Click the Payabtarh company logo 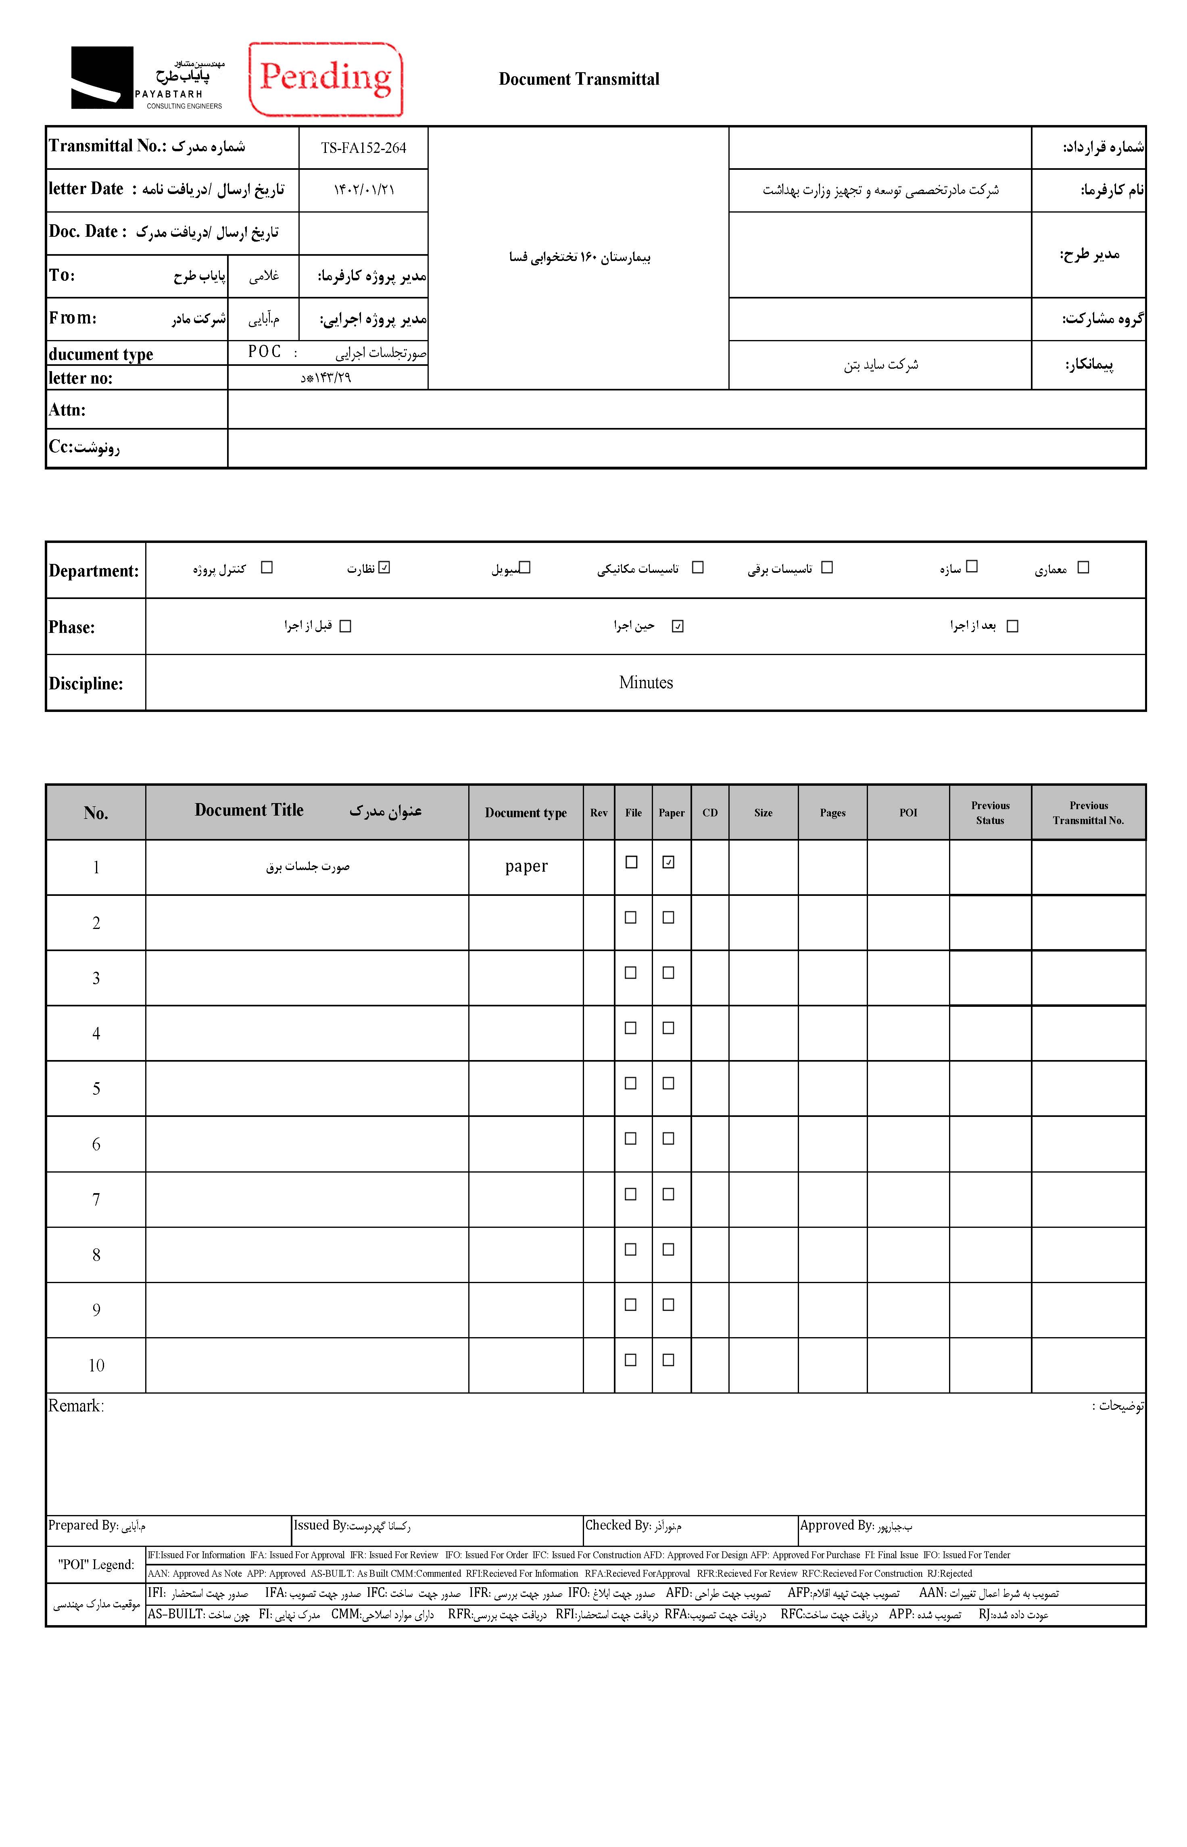pyautogui.click(x=146, y=78)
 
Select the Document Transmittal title pyautogui.click(x=579, y=79)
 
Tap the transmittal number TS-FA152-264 pyautogui.click(x=363, y=148)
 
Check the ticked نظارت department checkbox pyautogui.click(x=385, y=568)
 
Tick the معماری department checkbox pyautogui.click(x=1083, y=568)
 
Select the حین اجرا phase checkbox pyautogui.click(x=678, y=626)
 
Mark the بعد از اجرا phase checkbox pyautogui.click(x=1013, y=626)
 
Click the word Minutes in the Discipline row pyautogui.click(x=646, y=682)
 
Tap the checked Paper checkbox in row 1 pyautogui.click(x=668, y=863)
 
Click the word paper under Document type pyautogui.click(x=526, y=866)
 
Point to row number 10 pyautogui.click(x=96, y=1365)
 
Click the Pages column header pyautogui.click(x=832, y=812)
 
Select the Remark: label pyautogui.click(x=75, y=1406)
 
